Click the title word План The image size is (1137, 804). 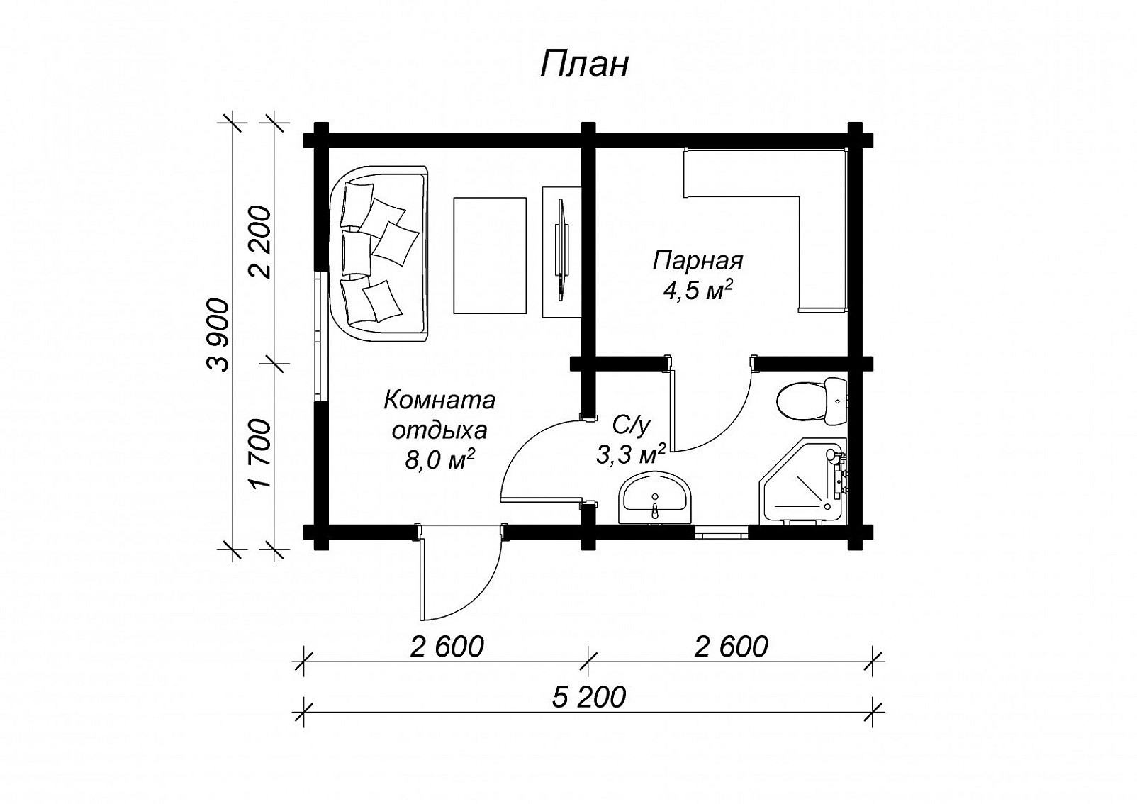(x=584, y=65)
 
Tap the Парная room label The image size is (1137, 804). (x=698, y=261)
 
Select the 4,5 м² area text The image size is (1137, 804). (x=698, y=291)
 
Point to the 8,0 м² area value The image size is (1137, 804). (x=439, y=460)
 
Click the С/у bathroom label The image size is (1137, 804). (x=630, y=426)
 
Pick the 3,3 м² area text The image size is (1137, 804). (x=630, y=454)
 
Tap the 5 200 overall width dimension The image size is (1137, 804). (x=589, y=698)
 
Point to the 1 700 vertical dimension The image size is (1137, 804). (x=260, y=453)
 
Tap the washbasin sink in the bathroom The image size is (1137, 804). (x=655, y=498)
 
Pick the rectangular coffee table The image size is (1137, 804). (x=490, y=256)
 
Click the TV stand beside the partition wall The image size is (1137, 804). (x=561, y=252)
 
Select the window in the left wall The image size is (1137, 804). (x=322, y=335)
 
